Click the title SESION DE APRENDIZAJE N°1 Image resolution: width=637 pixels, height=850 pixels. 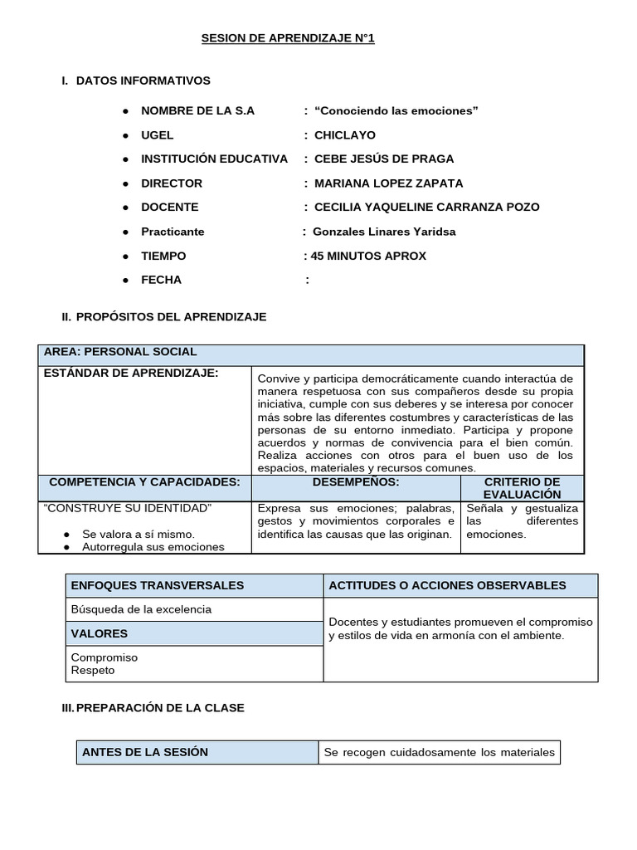[289, 39]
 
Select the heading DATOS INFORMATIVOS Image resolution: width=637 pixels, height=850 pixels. [143, 81]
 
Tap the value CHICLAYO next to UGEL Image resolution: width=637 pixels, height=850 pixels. [344, 134]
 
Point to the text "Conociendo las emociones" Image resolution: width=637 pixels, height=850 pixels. [396, 110]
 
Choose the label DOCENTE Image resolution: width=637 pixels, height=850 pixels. [170, 207]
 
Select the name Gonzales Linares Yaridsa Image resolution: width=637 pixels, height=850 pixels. [383, 232]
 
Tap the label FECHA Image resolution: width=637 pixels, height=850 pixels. [161, 280]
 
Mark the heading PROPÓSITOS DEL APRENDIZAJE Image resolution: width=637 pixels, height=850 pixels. [171, 317]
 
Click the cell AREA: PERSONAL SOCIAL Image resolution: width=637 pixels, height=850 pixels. [120, 352]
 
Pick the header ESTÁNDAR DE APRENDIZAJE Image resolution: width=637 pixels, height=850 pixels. [131, 373]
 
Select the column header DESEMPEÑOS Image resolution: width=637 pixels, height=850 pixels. [356, 481]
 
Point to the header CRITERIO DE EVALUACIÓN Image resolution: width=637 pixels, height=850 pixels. [522, 488]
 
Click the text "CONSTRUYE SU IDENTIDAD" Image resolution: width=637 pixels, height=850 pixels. [128, 507]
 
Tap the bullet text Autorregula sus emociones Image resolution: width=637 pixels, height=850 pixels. [153, 547]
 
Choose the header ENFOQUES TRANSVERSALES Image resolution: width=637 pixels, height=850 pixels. [158, 585]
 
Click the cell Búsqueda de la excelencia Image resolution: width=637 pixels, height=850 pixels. [141, 609]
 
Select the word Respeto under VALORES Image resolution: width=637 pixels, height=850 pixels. [94, 670]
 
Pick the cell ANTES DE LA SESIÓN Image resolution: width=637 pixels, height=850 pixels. [145, 752]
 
